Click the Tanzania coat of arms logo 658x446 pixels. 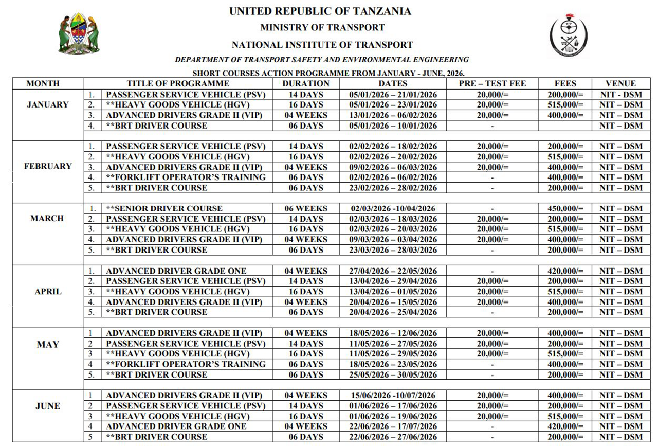79,34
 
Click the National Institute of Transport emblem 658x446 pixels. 569,35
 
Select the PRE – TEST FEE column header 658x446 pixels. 492,83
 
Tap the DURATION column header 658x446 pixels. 306,83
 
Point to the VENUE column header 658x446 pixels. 620,83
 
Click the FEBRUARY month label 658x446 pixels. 48,166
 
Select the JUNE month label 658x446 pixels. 48,406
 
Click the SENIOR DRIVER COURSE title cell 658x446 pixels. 164,208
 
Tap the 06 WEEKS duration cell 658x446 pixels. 306,208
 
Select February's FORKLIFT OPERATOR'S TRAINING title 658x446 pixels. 186,177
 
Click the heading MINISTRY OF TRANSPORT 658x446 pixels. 322,27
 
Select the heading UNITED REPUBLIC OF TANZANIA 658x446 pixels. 320,11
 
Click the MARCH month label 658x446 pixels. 47,218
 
